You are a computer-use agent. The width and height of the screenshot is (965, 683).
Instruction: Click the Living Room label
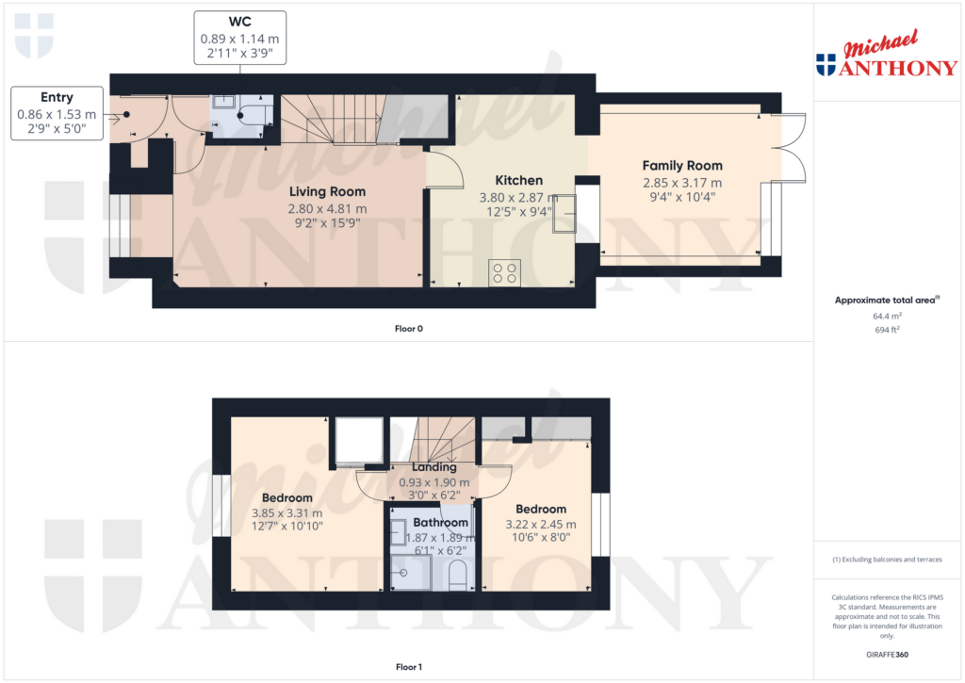(x=327, y=191)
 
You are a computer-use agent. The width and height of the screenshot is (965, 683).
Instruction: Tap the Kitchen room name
(x=519, y=180)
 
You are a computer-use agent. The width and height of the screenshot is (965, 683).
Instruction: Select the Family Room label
(x=682, y=166)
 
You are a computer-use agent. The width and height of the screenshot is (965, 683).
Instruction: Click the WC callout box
(x=240, y=38)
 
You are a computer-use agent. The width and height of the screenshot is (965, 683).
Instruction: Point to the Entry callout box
(x=57, y=113)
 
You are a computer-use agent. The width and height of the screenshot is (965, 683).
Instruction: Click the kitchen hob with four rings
(x=505, y=272)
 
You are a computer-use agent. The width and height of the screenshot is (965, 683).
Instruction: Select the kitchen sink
(x=564, y=214)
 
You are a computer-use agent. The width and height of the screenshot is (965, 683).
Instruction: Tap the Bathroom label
(x=441, y=523)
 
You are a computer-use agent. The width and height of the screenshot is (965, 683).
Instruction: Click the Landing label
(x=433, y=467)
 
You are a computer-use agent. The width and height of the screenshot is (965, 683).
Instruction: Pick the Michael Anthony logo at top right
(x=887, y=54)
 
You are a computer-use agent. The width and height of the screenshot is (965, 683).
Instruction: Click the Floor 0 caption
(x=409, y=329)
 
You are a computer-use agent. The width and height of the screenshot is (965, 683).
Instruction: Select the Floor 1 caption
(x=409, y=667)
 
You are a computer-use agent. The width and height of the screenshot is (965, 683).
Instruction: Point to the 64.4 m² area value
(x=887, y=317)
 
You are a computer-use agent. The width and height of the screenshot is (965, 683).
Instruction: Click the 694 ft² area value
(x=887, y=330)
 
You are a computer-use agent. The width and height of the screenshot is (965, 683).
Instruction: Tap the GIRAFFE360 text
(x=887, y=655)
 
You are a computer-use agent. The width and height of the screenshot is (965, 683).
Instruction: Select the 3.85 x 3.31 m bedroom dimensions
(x=286, y=512)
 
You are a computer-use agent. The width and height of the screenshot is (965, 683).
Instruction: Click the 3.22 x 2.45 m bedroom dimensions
(x=541, y=524)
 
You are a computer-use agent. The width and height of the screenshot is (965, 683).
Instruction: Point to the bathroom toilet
(x=458, y=576)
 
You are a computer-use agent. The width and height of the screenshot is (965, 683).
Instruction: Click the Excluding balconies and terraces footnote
(x=887, y=560)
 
